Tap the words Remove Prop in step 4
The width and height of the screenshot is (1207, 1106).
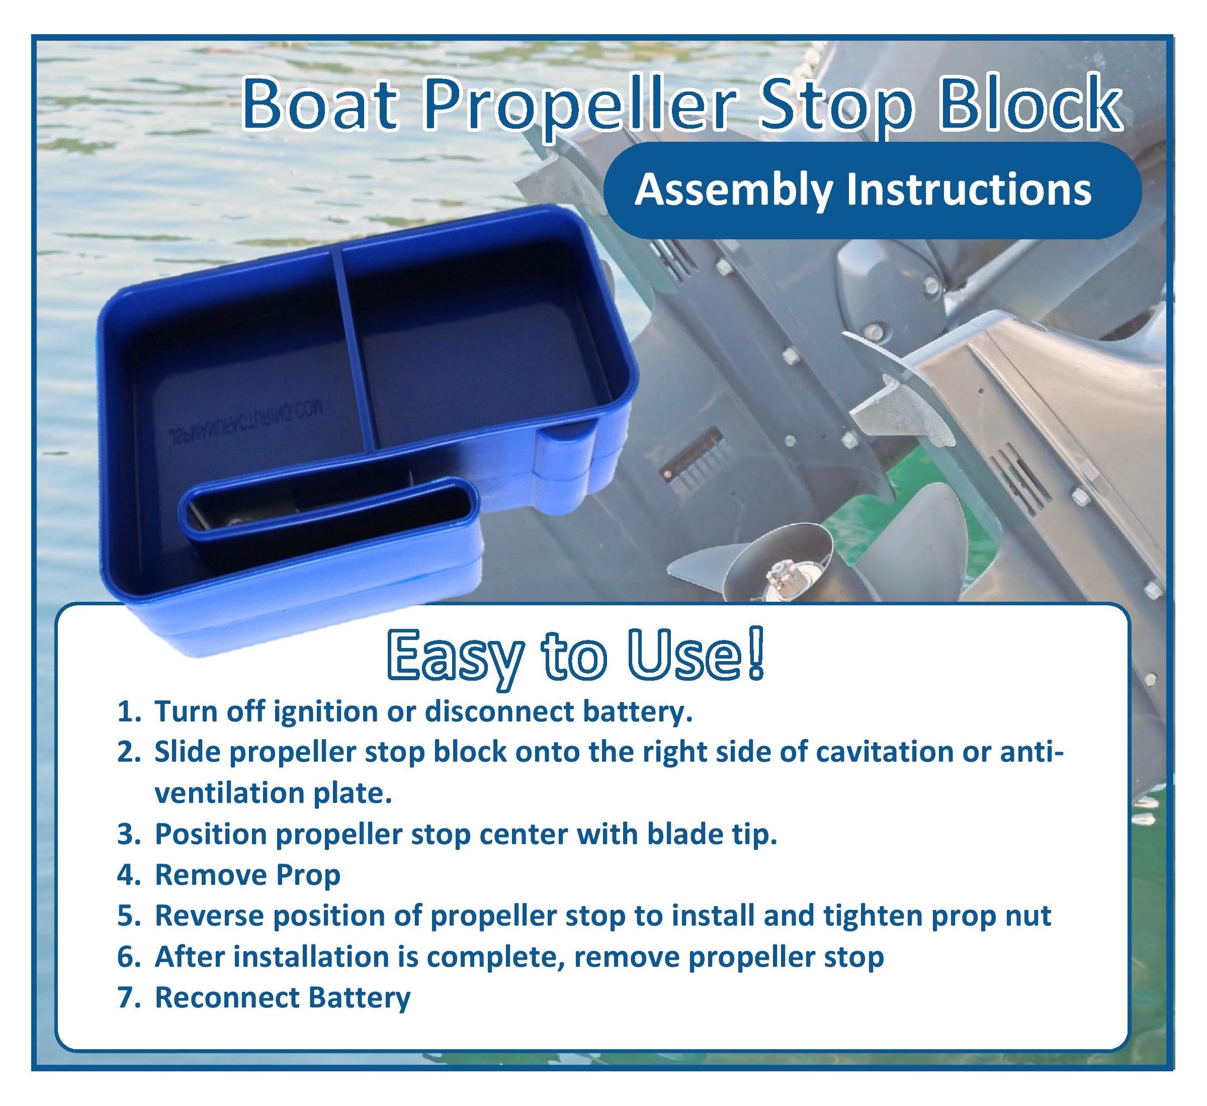click(x=248, y=875)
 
